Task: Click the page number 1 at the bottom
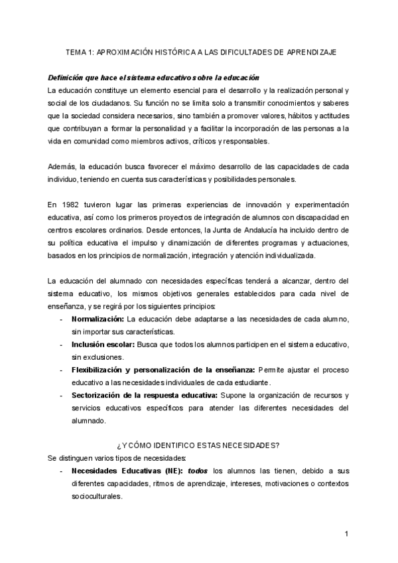coord(347,534)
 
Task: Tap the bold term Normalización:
coord(98,319)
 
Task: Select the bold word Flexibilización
coord(101,370)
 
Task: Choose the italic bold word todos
coord(198,471)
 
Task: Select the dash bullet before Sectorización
coord(62,395)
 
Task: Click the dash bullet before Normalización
coord(62,319)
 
